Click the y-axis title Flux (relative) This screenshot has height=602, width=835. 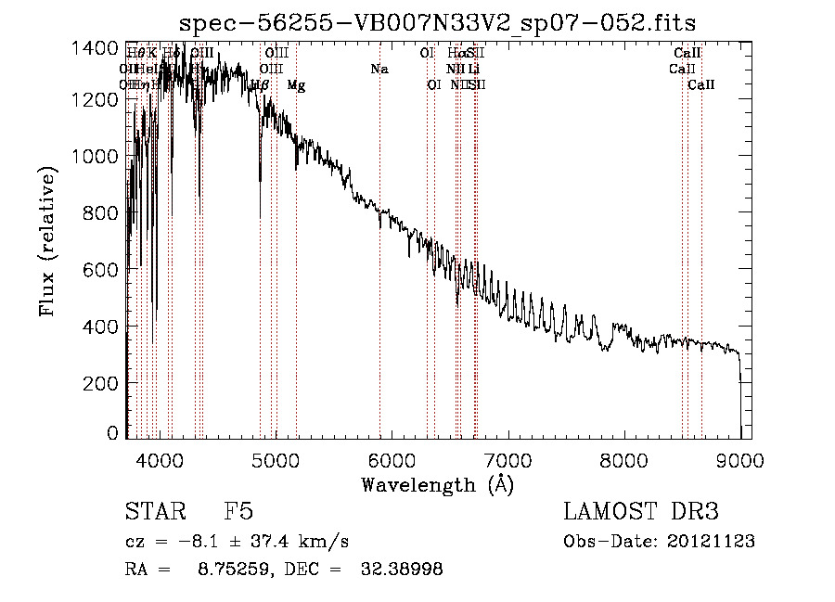click(48, 241)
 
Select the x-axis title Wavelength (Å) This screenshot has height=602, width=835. click(437, 484)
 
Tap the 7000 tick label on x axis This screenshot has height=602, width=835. click(507, 461)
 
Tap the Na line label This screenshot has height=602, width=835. click(379, 69)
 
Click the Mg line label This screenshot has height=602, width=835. click(296, 85)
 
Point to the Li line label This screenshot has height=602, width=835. click(473, 69)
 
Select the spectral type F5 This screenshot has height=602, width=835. click(238, 511)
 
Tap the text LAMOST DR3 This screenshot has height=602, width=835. click(641, 511)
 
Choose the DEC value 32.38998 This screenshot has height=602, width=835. click(401, 569)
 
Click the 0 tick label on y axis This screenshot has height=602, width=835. click(112, 433)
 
